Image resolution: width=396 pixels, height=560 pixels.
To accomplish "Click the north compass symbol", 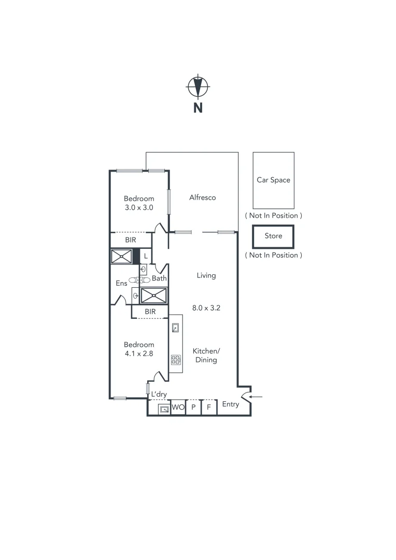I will tap(197, 87).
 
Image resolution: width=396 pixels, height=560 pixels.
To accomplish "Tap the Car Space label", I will tap(273, 180).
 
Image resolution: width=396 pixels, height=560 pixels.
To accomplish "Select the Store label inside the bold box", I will tap(273, 236).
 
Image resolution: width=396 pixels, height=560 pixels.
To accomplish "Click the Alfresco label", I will tap(202, 198).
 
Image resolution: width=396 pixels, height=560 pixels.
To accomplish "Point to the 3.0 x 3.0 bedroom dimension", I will tap(138, 207).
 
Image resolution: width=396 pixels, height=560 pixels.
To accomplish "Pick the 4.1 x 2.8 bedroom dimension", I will tap(138, 354).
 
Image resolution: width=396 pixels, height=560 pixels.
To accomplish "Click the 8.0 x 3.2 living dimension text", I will tap(206, 307).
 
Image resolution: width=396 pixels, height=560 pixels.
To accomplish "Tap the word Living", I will tap(206, 276).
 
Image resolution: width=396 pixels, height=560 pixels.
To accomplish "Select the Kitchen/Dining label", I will tap(206, 355).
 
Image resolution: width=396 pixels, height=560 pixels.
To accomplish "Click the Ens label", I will tap(121, 283).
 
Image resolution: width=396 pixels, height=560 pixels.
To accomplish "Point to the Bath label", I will tap(159, 278).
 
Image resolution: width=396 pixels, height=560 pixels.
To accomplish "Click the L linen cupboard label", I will tap(146, 256).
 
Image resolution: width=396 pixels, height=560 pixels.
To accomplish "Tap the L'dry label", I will tap(159, 395).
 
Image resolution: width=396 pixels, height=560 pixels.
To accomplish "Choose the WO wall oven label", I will tap(178, 408).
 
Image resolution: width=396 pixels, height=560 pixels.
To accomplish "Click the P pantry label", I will tap(193, 408).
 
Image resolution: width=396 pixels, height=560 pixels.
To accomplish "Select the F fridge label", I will tap(209, 408).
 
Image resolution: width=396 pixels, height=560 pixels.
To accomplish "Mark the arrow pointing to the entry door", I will tap(258, 397).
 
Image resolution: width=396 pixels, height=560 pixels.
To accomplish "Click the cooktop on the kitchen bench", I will tap(176, 358).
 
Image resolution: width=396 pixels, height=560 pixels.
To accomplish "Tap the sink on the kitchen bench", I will tap(176, 328).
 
